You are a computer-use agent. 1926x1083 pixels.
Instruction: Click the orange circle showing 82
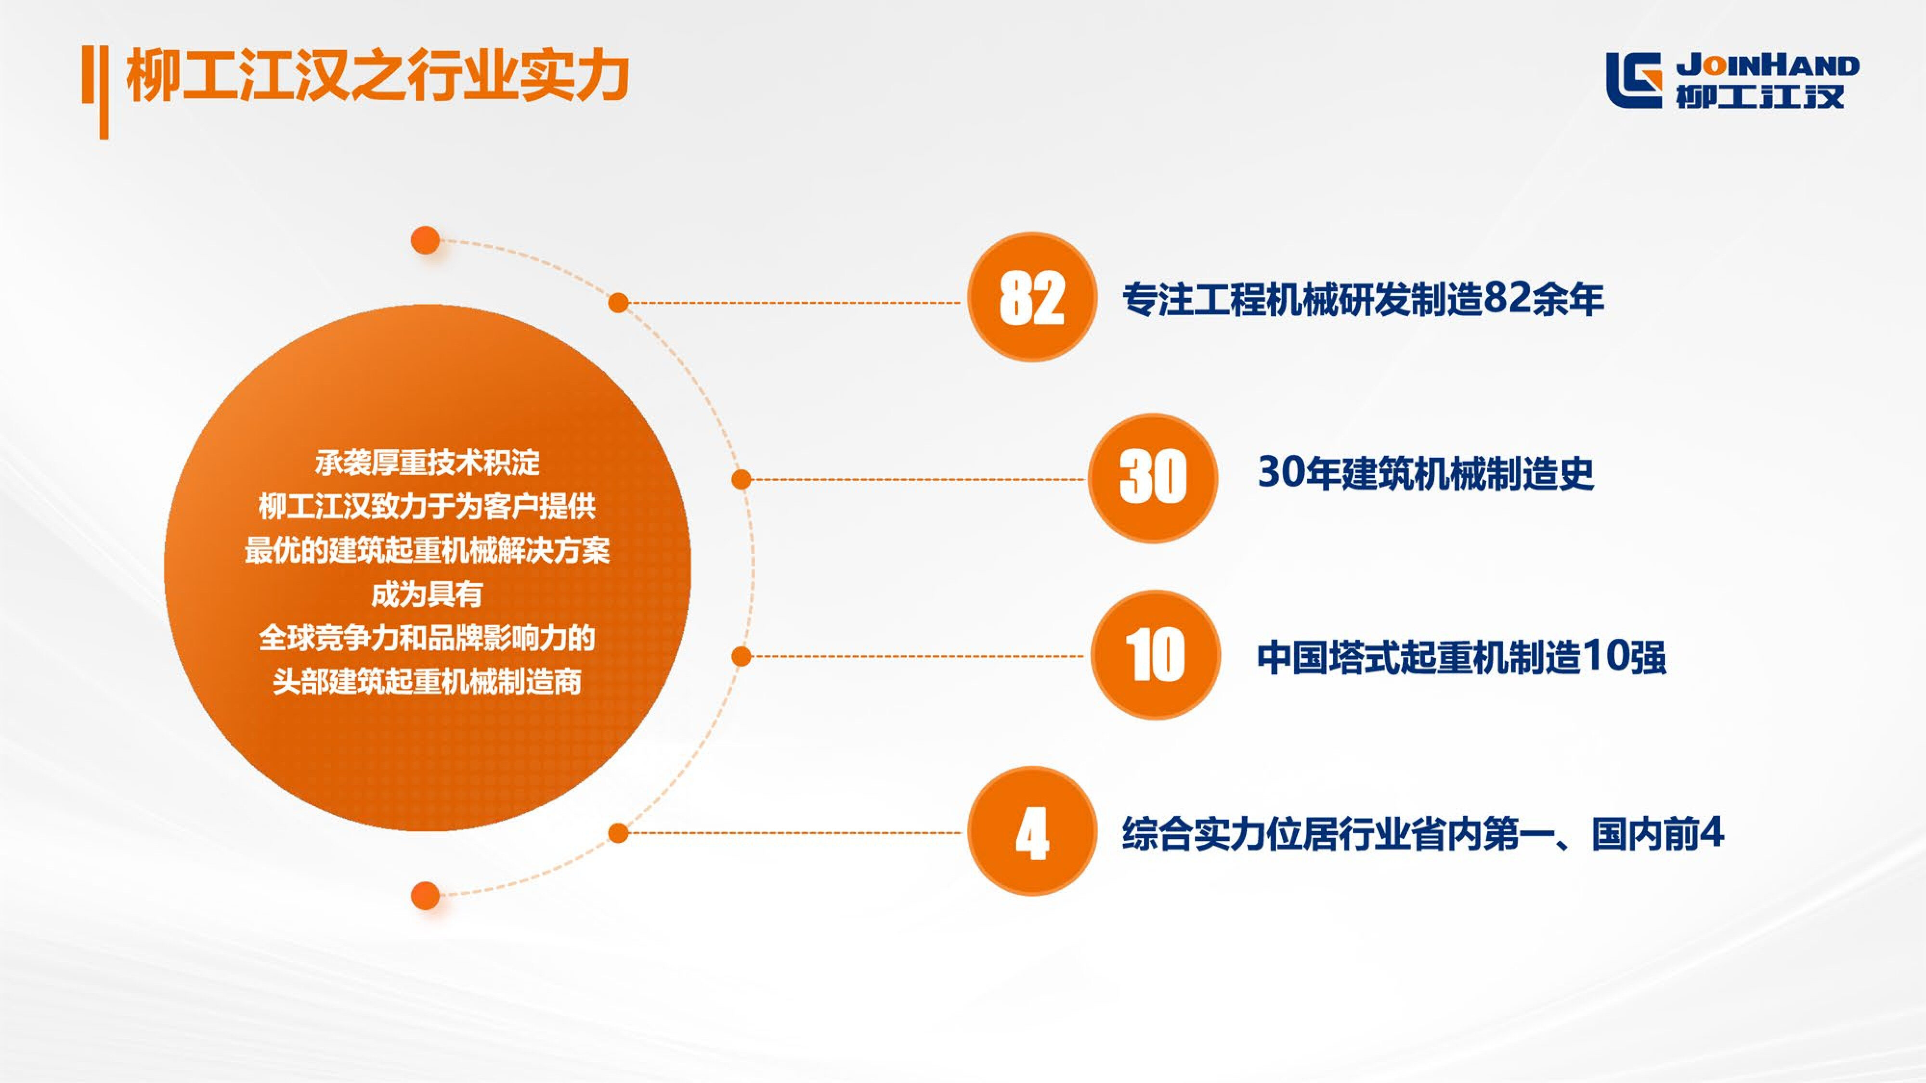[x=1032, y=297]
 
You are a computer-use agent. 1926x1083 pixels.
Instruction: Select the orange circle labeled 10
[x=1155, y=655]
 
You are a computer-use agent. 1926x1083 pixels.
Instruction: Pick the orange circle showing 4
[x=1032, y=831]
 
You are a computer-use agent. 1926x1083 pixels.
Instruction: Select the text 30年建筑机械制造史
[x=1425, y=473]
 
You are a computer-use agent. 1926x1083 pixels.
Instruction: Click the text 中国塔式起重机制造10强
[x=1461, y=658]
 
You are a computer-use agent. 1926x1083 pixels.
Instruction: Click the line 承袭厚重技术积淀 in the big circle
[x=427, y=464]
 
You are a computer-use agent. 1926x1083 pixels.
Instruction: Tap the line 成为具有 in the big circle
[x=427, y=594]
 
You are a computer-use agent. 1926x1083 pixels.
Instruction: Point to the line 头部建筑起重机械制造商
[x=427, y=682]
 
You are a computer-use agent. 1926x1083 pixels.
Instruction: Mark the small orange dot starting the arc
[x=426, y=241]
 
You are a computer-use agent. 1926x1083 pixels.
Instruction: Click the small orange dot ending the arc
[x=426, y=895]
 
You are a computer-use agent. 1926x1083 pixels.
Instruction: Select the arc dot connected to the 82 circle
[x=618, y=303]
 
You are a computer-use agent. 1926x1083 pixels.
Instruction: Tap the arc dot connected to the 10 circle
[x=741, y=656]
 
